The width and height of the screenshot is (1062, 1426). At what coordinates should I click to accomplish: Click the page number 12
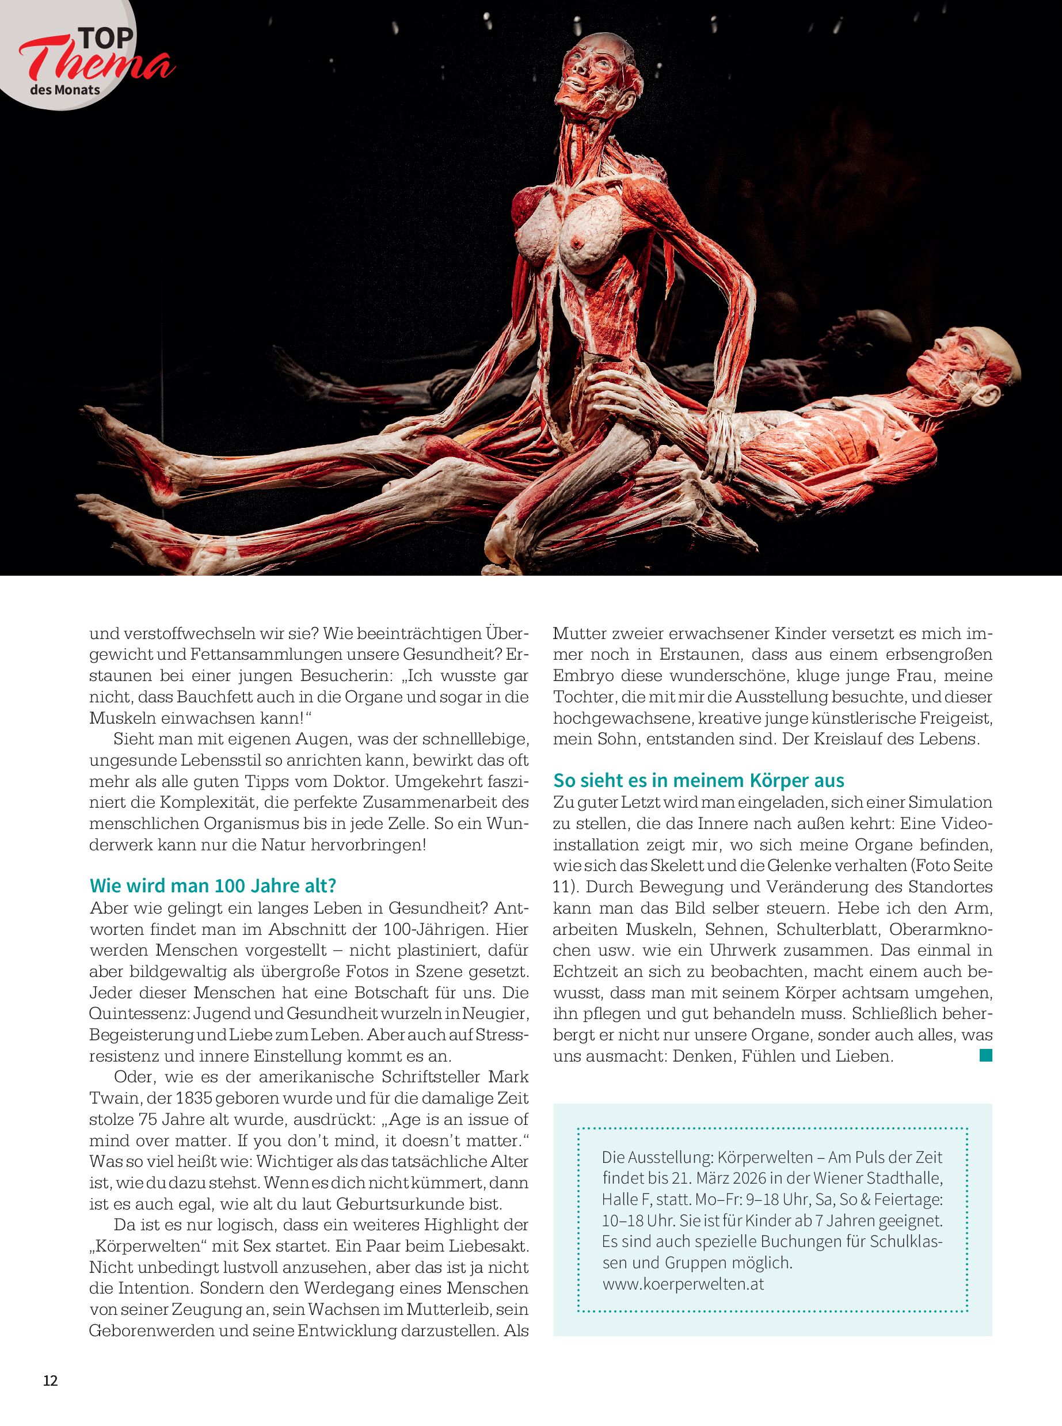tap(50, 1381)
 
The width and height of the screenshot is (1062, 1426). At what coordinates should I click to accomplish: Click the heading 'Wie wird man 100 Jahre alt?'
tap(213, 886)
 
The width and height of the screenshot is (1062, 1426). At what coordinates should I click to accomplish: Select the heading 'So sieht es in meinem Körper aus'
tap(699, 781)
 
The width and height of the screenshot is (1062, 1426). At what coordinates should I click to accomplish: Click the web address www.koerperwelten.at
tap(683, 1284)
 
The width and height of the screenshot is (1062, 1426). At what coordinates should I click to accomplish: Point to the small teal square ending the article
tap(985, 1055)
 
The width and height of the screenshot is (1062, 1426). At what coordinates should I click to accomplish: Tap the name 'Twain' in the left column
tap(112, 1097)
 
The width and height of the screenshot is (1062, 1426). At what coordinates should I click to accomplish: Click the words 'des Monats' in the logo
tap(65, 89)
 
